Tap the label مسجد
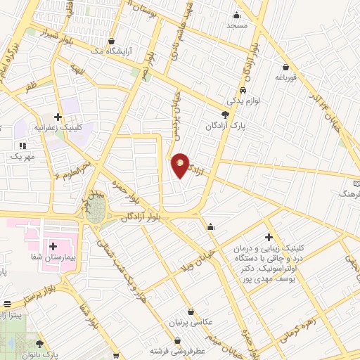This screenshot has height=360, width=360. tap(237, 26)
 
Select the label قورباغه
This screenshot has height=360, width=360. tap(288, 77)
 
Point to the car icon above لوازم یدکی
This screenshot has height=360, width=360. tap(242, 91)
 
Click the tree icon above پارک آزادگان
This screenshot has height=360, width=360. tap(225, 115)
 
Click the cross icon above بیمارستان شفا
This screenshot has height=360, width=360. tap(53, 245)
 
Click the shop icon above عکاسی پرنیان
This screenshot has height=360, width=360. tap(191, 311)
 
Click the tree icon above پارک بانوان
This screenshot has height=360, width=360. tap(39, 344)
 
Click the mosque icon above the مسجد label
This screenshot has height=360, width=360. tap(237, 15)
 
